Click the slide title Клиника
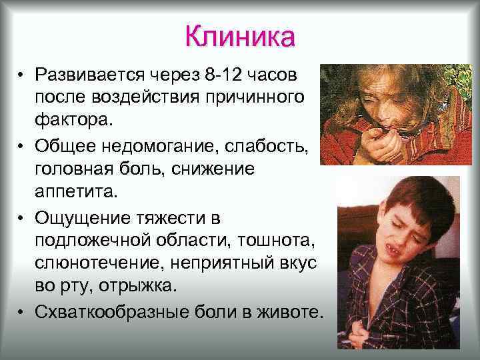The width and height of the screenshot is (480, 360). point(239,37)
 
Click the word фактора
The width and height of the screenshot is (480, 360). point(75,121)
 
